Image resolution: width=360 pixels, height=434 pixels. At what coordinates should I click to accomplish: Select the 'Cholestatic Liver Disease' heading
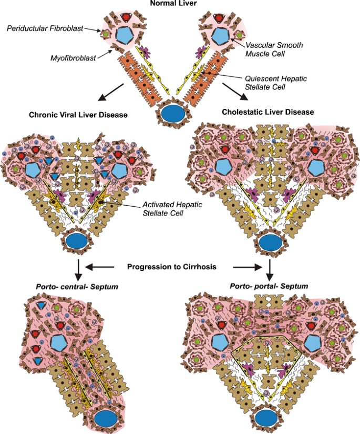[x=268, y=112]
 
